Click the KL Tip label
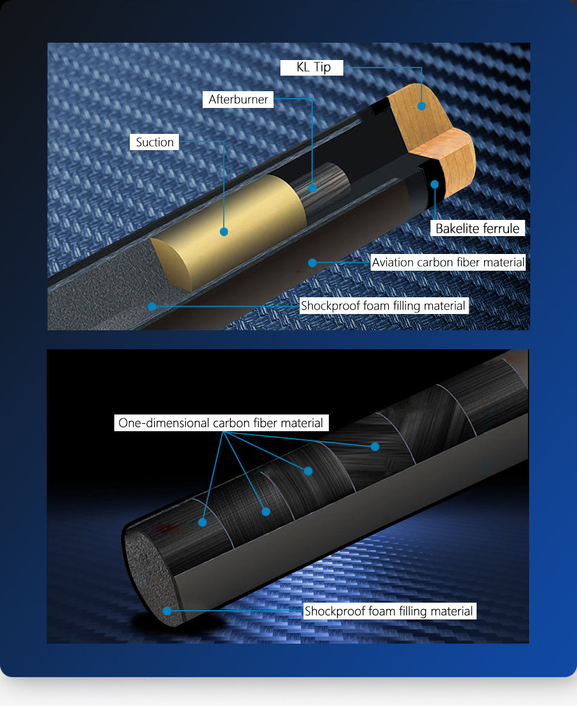(312, 68)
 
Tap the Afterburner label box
(238, 99)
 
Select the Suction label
(154, 142)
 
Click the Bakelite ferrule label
(477, 228)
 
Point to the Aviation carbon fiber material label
(448, 262)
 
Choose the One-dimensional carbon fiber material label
(221, 423)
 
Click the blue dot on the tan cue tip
(422, 106)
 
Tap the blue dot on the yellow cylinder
(224, 231)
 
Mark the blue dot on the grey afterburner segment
(312, 188)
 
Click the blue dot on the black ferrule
(434, 184)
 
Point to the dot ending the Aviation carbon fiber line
(312, 263)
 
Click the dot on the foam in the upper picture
(152, 307)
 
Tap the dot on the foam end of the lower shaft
(167, 611)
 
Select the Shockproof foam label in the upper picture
(384, 305)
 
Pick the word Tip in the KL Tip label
(323, 68)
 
